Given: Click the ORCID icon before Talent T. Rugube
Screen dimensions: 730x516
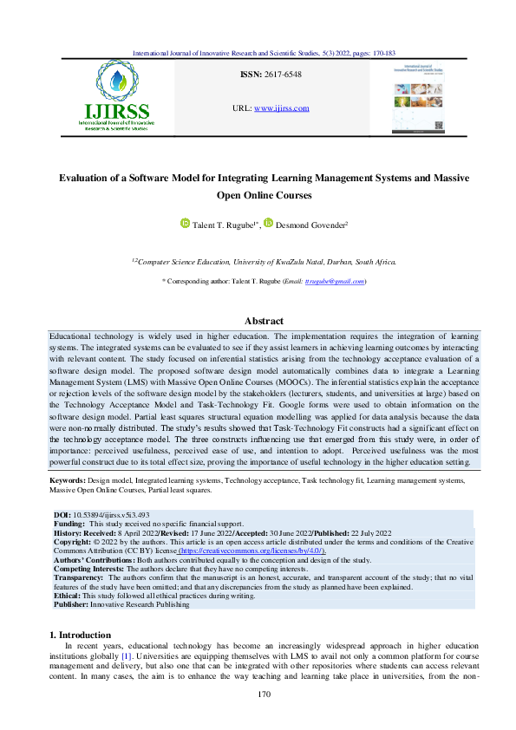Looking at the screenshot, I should [185, 224].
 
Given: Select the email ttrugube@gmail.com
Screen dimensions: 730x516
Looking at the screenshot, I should [336, 282].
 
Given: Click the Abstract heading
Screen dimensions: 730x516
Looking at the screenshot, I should [258, 321].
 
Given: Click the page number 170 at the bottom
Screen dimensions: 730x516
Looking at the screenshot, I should [258, 695].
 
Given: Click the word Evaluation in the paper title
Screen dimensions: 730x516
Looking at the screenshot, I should [89, 178].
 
